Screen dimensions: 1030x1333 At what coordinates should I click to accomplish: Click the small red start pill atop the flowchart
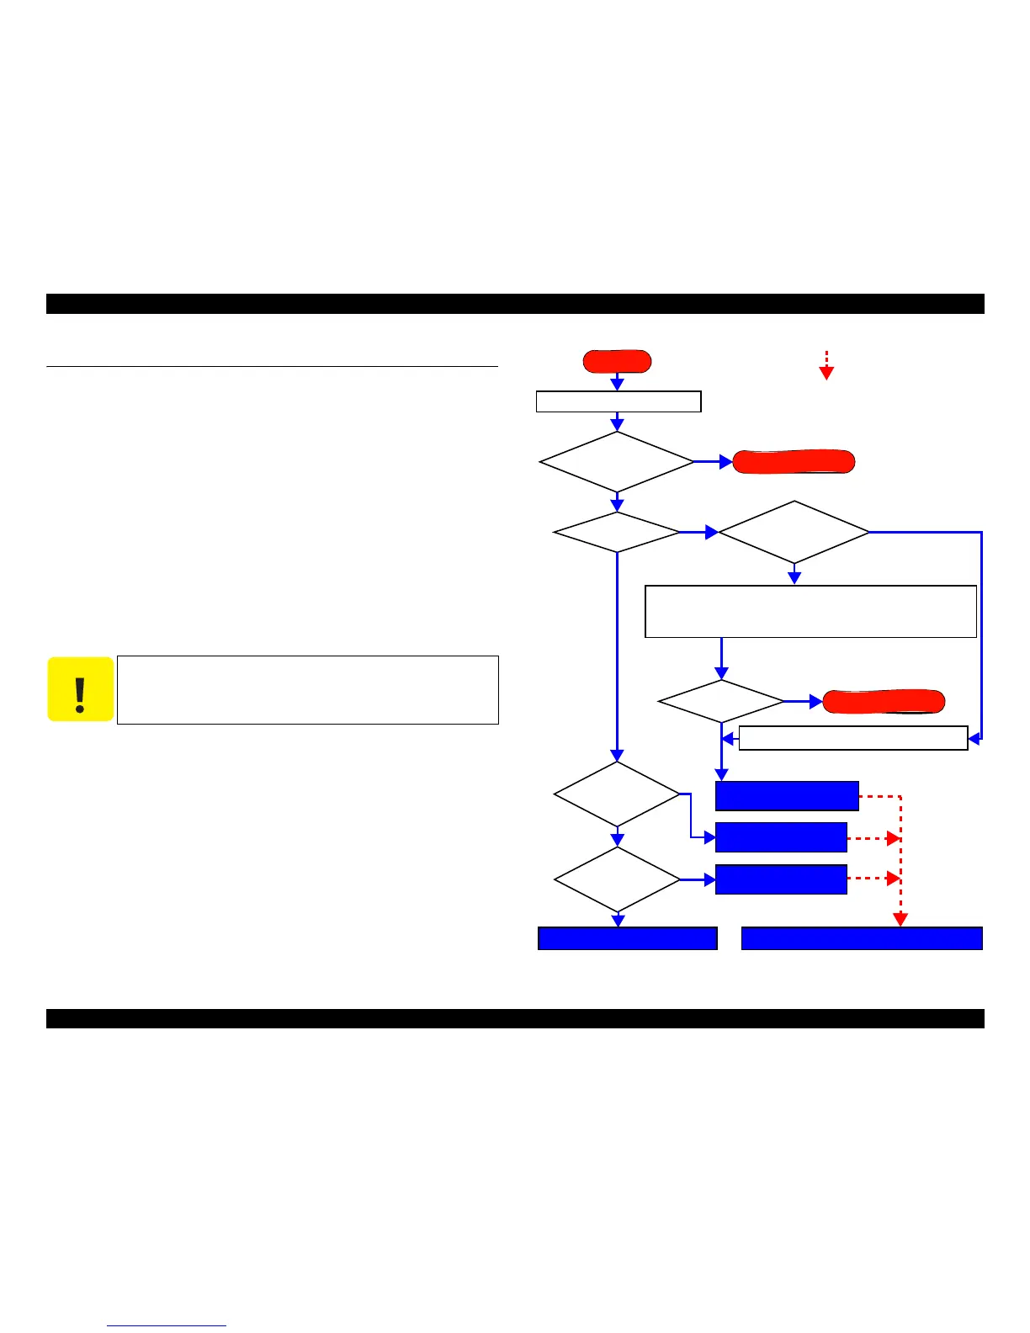pyautogui.click(x=617, y=361)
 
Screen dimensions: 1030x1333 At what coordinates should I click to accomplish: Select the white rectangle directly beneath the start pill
pyautogui.click(x=619, y=401)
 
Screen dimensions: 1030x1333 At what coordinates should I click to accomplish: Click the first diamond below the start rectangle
pyautogui.click(x=617, y=462)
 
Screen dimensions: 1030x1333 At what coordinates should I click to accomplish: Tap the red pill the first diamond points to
pyautogui.click(x=794, y=462)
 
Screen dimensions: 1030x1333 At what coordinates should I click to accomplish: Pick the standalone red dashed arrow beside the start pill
pyautogui.click(x=826, y=365)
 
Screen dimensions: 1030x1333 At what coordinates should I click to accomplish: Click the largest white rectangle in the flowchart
pyautogui.click(x=810, y=612)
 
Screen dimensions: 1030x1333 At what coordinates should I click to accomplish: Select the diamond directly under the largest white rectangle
pyautogui.click(x=721, y=701)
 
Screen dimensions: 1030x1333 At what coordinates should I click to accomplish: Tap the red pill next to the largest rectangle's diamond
pyautogui.click(x=884, y=701)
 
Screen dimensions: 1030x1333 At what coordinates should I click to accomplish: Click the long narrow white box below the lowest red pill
pyautogui.click(x=853, y=738)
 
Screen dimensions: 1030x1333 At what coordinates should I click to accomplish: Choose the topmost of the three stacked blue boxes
pyautogui.click(x=787, y=796)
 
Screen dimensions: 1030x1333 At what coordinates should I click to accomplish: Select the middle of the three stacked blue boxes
pyautogui.click(x=781, y=837)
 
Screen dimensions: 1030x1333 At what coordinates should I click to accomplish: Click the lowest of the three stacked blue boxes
pyautogui.click(x=781, y=879)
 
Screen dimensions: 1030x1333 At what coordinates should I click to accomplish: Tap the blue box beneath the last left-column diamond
pyautogui.click(x=628, y=938)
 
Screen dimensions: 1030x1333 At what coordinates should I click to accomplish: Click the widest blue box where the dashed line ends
pyautogui.click(x=862, y=938)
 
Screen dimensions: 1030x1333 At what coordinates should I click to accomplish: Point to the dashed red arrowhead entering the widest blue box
pyautogui.click(x=900, y=920)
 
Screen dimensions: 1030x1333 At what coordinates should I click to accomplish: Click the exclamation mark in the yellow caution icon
pyautogui.click(x=80, y=695)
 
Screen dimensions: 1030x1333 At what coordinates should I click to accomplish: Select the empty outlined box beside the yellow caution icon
pyautogui.click(x=308, y=690)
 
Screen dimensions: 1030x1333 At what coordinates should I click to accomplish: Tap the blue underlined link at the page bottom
pyautogui.click(x=167, y=1325)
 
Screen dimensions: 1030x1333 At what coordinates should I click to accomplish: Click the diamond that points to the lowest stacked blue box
pyautogui.click(x=617, y=879)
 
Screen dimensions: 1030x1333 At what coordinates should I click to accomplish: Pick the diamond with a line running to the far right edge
pyautogui.click(x=794, y=533)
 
